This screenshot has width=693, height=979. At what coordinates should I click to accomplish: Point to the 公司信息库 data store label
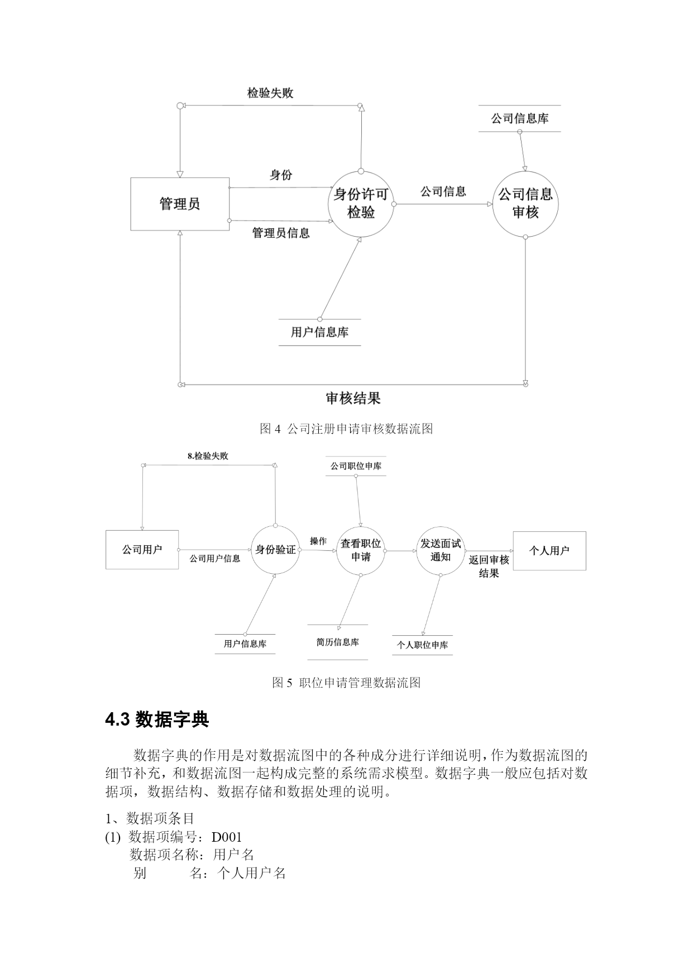tap(520, 118)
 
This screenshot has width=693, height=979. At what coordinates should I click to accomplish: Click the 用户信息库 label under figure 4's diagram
tap(319, 332)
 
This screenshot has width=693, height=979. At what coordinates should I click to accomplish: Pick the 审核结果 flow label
tap(353, 399)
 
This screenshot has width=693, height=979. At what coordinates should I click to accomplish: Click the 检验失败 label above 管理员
tap(270, 93)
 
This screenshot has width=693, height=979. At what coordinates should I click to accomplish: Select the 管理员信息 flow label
tap(281, 233)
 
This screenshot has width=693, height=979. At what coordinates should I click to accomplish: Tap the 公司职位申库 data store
tap(356, 466)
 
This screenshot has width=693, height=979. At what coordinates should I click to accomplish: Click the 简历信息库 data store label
tap(338, 642)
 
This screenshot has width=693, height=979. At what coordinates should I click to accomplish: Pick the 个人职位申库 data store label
tap(422, 645)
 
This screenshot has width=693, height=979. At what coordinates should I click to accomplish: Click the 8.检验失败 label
tap(208, 456)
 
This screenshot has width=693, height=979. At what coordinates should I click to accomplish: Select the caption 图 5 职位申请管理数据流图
tap(346, 683)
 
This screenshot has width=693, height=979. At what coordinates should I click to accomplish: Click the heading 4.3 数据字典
tap(157, 720)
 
